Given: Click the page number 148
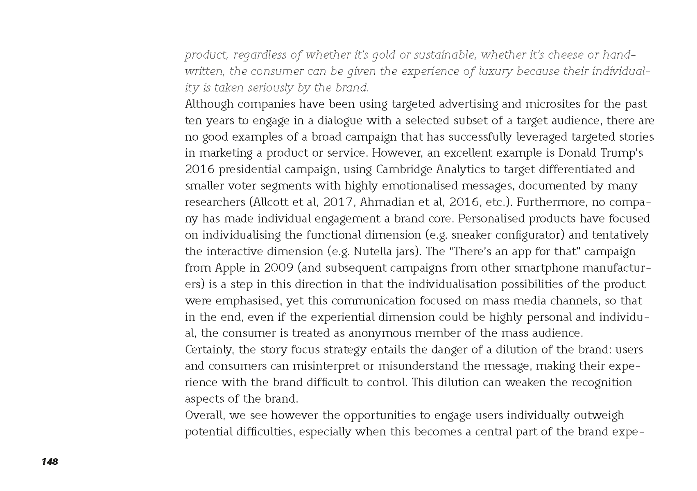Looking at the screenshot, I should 50,462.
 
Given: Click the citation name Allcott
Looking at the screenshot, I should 272,202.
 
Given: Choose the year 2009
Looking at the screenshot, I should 278,268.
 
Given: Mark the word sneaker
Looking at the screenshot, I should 472,235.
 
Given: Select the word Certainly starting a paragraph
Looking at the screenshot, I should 209,350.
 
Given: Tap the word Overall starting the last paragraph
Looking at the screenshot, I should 205,415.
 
